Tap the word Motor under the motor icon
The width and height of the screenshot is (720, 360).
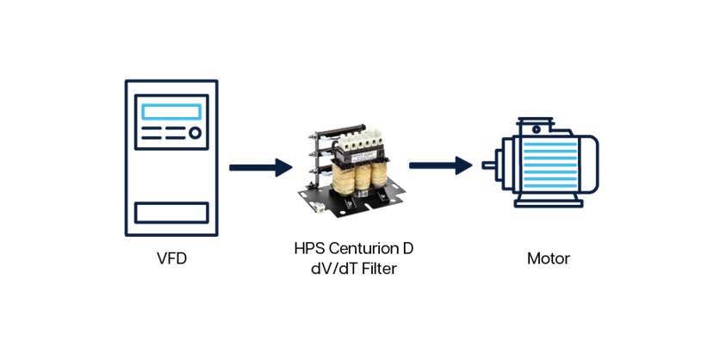(x=549, y=258)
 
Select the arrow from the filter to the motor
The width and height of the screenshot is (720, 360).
(x=440, y=164)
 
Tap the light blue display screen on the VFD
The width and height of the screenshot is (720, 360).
(x=171, y=112)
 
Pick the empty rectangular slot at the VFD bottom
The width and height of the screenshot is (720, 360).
(x=171, y=212)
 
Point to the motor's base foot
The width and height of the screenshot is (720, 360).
(x=548, y=204)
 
